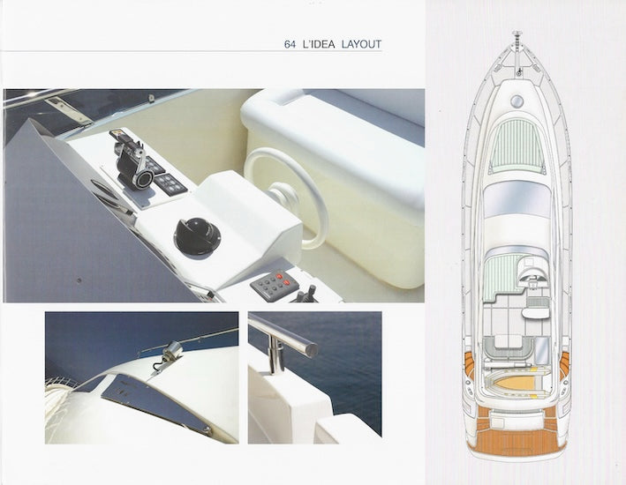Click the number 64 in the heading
pyautogui.click(x=290, y=44)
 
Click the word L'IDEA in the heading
pyautogui.click(x=320, y=44)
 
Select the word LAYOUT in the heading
pyautogui.click(x=362, y=44)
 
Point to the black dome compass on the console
pyautogui.click(x=197, y=236)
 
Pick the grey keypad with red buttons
pyautogui.click(x=274, y=283)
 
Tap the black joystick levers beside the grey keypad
pyautogui.click(x=305, y=295)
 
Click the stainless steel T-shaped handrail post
pyautogui.click(x=282, y=339)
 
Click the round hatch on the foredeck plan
pyautogui.click(x=517, y=101)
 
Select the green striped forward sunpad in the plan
pyautogui.click(x=517, y=146)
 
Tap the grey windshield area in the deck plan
pyautogui.click(x=517, y=198)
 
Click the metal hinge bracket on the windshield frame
pyautogui.click(x=67, y=110)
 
